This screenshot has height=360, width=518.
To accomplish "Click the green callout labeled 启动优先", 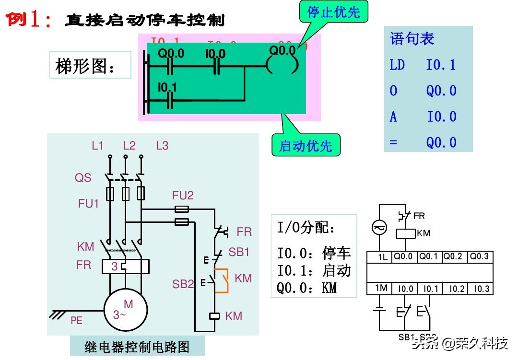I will point(306,146).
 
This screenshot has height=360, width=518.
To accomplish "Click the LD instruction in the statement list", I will point(397,65).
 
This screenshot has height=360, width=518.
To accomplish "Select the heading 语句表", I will point(412,39).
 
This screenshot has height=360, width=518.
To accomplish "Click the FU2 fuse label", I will point(183,195).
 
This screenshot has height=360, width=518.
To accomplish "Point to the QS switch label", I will point(82,178).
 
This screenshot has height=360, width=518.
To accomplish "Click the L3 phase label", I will point(162,146).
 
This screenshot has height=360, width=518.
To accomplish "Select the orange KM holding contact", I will point(222,280).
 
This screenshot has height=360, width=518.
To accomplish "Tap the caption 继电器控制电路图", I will point(137,346).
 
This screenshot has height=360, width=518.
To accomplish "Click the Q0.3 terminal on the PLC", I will point(480,256).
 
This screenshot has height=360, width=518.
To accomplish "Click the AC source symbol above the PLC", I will point(379,229).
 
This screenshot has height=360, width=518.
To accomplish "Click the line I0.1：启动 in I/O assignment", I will point(314,270).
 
